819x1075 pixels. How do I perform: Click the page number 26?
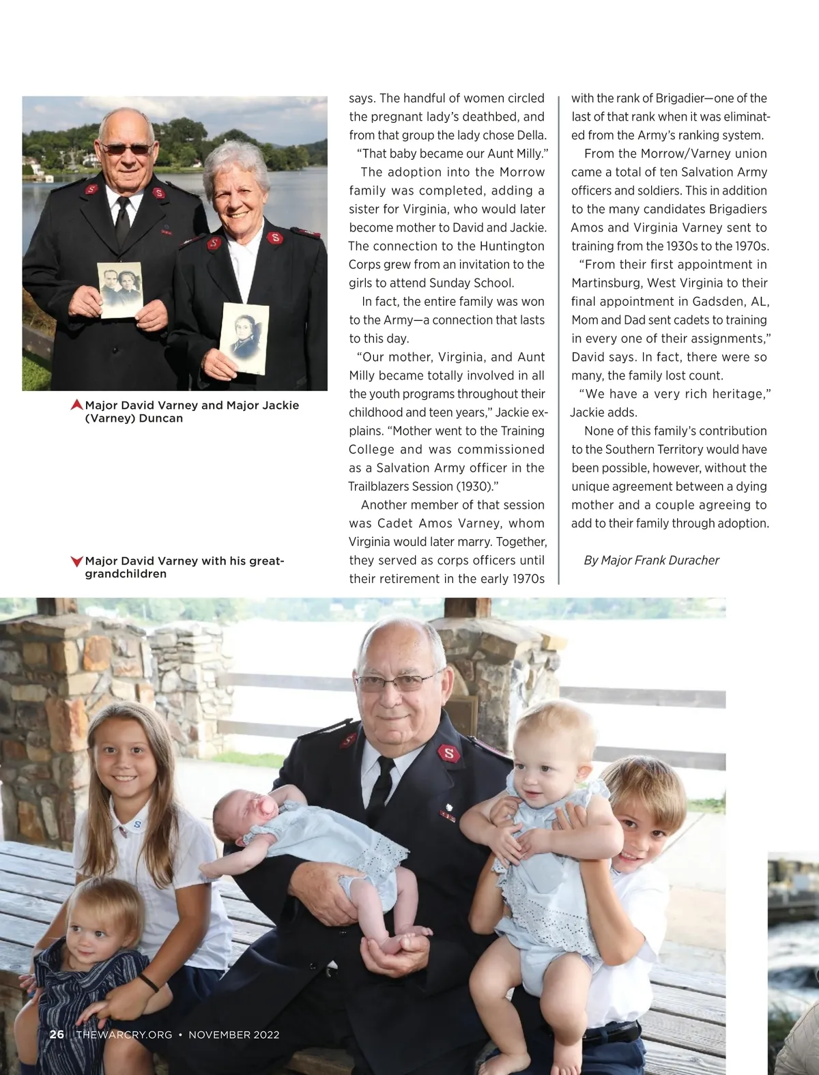point(57,1034)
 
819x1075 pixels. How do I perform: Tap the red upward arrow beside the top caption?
point(77,405)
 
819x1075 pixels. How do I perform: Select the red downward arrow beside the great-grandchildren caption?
point(77,562)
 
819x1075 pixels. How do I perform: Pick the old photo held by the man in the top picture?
point(121,290)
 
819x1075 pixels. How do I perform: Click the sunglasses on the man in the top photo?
point(126,148)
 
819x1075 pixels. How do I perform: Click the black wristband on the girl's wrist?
point(149,984)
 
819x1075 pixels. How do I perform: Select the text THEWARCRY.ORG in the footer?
point(124,1035)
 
